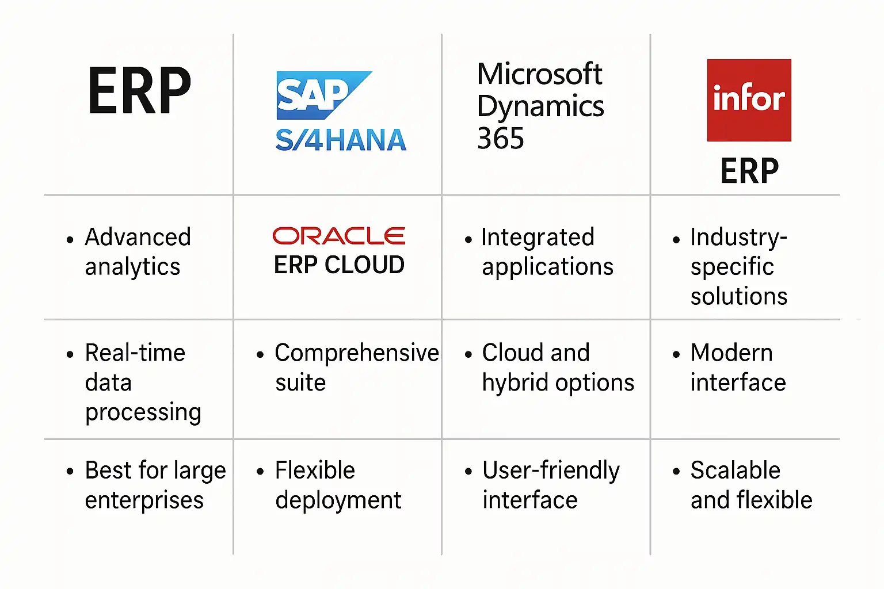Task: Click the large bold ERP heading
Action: [139, 90]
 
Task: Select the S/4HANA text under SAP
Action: [341, 140]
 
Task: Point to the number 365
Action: [500, 138]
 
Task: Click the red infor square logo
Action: [749, 100]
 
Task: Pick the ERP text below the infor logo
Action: [749, 170]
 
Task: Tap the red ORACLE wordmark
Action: [338, 235]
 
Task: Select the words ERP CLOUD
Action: [339, 265]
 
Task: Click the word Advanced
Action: [138, 237]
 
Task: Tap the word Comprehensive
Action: [357, 353]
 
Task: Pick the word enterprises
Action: [144, 501]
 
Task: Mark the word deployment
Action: [338, 500]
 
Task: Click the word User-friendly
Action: [551, 471]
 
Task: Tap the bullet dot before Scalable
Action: [676, 471]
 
